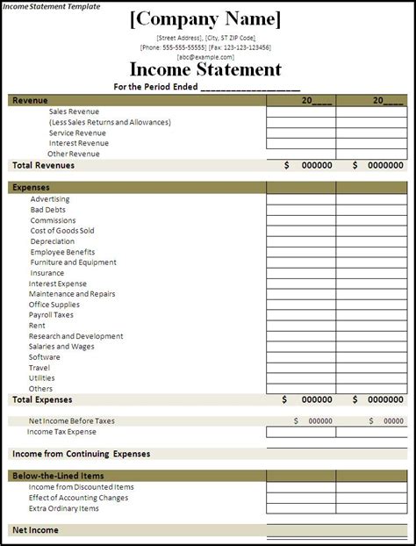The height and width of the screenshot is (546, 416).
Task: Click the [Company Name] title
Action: pyautogui.click(x=206, y=20)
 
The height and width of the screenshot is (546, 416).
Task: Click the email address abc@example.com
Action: pyautogui.click(x=206, y=55)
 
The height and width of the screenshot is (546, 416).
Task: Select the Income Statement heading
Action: pyautogui.click(x=206, y=70)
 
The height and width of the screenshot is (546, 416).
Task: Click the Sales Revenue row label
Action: pyautogui.click(x=74, y=111)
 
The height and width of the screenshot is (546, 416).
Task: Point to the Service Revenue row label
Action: pyautogui.click(x=77, y=133)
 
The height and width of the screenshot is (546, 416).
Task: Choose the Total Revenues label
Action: pyautogui.click(x=43, y=165)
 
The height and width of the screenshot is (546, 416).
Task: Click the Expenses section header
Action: pyautogui.click(x=31, y=187)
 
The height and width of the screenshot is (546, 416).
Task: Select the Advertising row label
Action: pyautogui.click(x=50, y=199)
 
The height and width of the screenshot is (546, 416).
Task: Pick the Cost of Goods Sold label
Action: pyautogui.click(x=62, y=231)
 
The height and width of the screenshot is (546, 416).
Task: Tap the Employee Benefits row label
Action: pyautogui.click(x=64, y=252)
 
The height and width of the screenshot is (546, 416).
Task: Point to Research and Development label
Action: pyautogui.click(x=75, y=336)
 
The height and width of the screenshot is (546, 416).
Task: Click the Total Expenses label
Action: pyautogui.click(x=42, y=399)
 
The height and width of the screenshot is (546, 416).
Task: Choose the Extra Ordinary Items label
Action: pyautogui.click(x=63, y=508)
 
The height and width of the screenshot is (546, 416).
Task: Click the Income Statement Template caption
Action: pyautogui.click(x=50, y=6)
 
